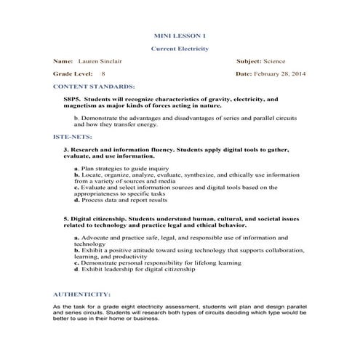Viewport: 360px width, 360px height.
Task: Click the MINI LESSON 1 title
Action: click(x=180, y=35)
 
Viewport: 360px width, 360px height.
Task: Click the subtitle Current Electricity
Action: click(x=180, y=49)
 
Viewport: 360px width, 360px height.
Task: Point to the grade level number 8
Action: click(x=103, y=74)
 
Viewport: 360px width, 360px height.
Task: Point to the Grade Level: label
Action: click(x=73, y=74)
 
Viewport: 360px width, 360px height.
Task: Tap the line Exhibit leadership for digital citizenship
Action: click(x=124, y=268)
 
